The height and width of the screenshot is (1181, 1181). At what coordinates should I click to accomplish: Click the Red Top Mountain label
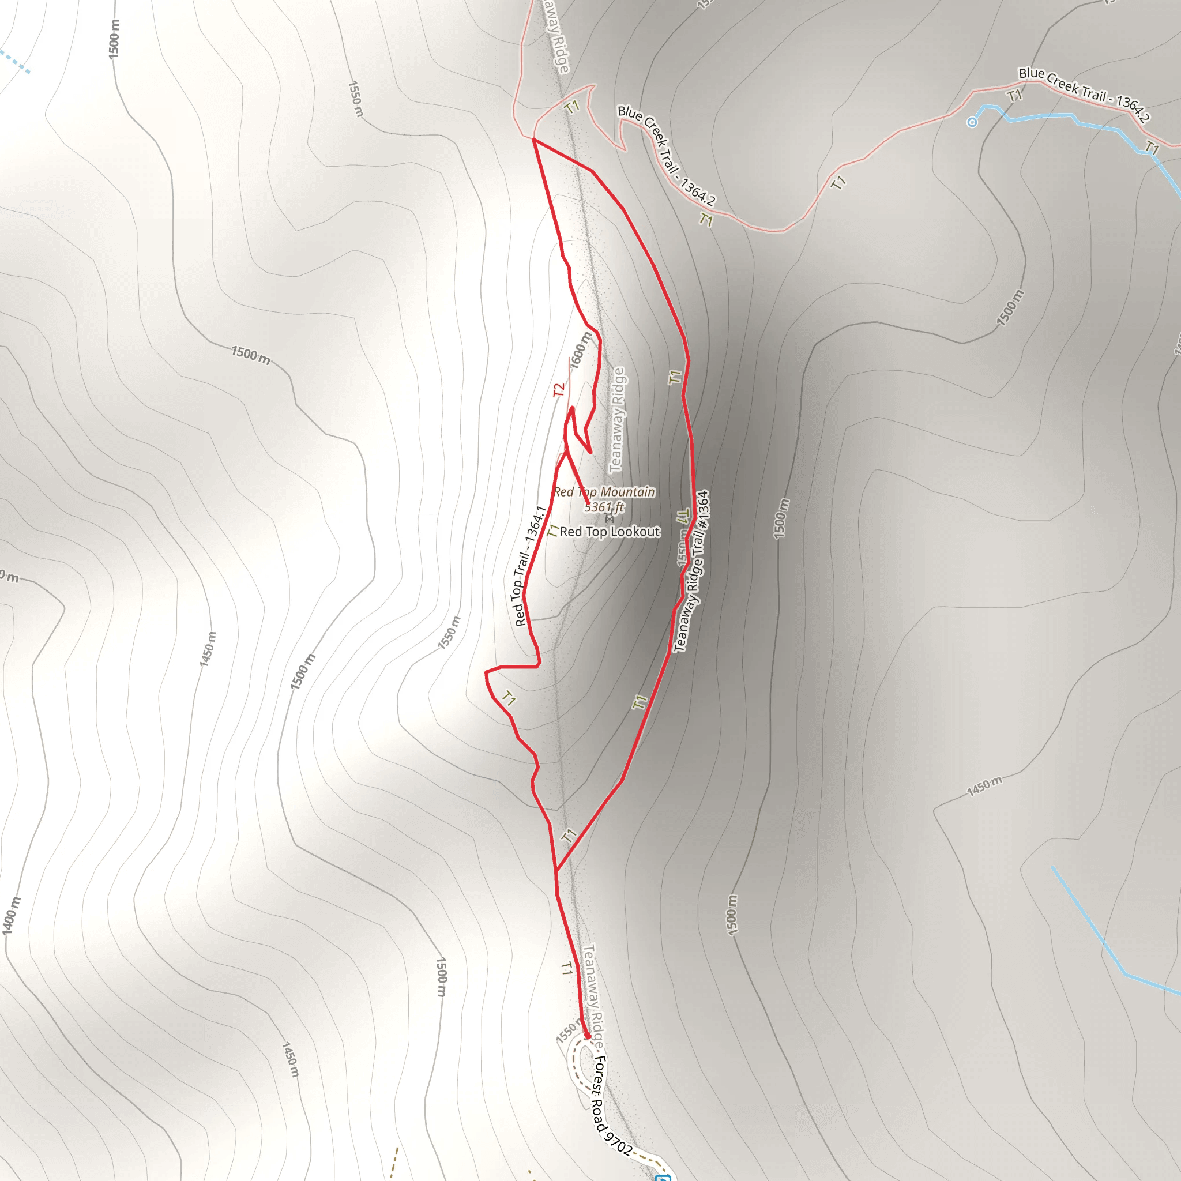604,492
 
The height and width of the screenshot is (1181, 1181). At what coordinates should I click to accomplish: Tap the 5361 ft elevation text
604,507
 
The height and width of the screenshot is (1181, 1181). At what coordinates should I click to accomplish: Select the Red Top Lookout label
610,532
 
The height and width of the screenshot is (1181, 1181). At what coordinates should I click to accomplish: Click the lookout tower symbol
610,519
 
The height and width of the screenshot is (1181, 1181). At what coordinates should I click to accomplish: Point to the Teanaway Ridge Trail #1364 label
691,571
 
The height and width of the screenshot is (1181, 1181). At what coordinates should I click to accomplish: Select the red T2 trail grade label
559,389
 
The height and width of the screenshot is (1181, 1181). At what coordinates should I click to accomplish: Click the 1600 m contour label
581,349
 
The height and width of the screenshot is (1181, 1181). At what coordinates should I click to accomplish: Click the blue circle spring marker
972,122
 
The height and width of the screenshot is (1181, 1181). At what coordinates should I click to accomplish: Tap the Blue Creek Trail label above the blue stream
1084,94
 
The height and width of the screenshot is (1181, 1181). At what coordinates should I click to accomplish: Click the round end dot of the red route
588,1036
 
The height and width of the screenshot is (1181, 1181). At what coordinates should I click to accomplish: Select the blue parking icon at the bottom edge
663,1178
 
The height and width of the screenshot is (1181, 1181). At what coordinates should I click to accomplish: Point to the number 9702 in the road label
618,1142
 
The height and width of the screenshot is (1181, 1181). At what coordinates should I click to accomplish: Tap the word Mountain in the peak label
627,492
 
